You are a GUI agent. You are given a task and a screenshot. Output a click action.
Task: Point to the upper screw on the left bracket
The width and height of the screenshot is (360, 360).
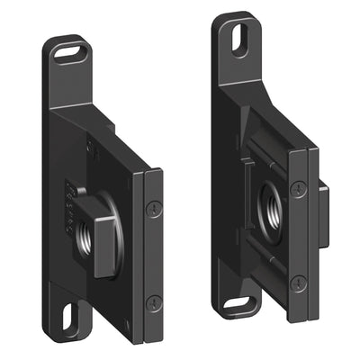(x=154, y=208)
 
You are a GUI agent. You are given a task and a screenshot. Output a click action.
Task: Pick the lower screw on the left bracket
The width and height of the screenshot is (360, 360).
(x=154, y=302)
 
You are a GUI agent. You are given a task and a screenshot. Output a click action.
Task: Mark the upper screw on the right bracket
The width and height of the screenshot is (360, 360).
(x=299, y=189)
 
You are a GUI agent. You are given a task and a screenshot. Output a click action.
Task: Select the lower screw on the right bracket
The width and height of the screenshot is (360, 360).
(x=300, y=282)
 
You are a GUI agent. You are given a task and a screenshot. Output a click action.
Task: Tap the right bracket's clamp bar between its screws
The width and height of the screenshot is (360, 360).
(x=300, y=235)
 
